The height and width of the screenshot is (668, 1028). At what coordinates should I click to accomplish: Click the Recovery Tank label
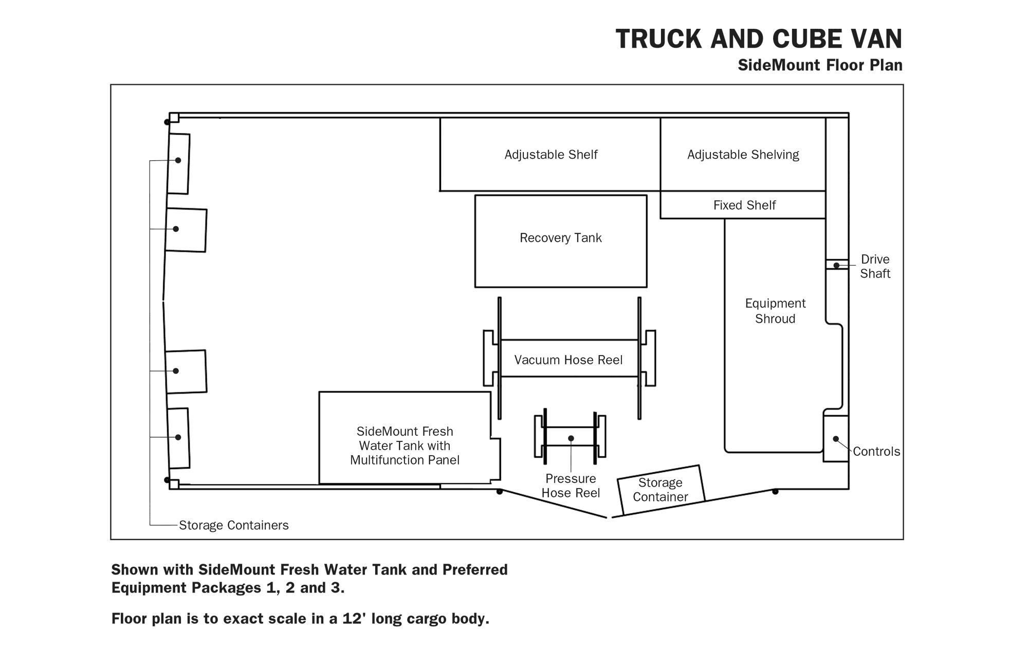point(560,238)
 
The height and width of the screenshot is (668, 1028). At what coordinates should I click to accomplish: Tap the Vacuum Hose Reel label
point(568,360)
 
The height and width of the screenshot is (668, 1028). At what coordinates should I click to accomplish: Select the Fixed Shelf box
point(743,205)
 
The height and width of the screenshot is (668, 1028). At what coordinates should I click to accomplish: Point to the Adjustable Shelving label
point(743,155)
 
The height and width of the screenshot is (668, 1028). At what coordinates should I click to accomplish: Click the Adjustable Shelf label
point(551,155)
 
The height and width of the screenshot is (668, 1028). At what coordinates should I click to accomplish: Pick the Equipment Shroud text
point(775,311)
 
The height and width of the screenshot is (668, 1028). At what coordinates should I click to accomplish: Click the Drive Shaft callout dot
point(836,266)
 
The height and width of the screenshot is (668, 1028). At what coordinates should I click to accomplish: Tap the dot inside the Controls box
point(836,439)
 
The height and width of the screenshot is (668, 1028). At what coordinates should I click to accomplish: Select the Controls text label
point(876,452)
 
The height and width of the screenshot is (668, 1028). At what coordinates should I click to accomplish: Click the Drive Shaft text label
point(875,266)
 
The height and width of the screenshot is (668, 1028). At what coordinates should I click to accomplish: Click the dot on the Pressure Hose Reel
point(571,438)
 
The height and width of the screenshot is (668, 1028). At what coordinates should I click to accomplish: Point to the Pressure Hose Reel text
point(571,486)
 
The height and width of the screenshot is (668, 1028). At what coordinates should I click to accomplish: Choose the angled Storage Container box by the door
point(661,490)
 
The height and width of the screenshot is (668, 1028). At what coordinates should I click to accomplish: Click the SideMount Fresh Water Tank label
point(405,446)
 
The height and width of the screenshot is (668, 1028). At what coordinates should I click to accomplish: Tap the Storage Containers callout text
point(234,525)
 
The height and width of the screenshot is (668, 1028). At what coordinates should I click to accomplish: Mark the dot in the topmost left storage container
point(178,160)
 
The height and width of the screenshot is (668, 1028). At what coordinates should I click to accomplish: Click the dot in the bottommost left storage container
point(178,437)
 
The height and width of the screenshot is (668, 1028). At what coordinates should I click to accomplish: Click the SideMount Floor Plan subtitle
point(820,65)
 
